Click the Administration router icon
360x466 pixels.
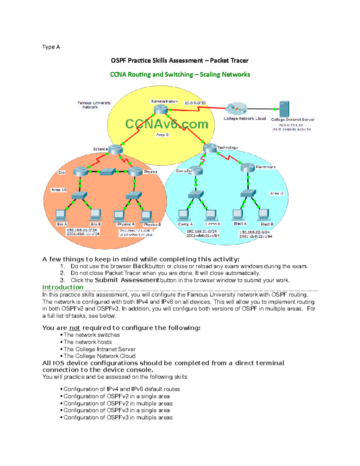point(161,109)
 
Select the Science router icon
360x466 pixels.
point(115,149)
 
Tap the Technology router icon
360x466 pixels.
point(210,148)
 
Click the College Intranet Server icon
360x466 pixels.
point(284,109)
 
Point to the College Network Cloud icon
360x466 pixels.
point(236,109)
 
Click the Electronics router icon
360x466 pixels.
point(248,167)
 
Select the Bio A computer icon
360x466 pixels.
point(61,215)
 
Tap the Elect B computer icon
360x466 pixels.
point(264,215)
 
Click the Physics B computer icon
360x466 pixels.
point(146,216)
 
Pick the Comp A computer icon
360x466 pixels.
point(183,215)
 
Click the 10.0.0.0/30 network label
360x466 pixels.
point(195,103)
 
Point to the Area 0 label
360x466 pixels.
point(162,135)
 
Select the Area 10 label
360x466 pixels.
point(59,190)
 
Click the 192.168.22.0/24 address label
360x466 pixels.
point(254,232)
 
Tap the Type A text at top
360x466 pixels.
point(51,47)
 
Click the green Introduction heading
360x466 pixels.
point(63,287)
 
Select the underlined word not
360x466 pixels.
point(74,328)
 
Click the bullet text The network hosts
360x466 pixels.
point(87,342)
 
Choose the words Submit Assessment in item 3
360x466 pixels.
point(127,280)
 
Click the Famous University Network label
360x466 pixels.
point(94,105)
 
